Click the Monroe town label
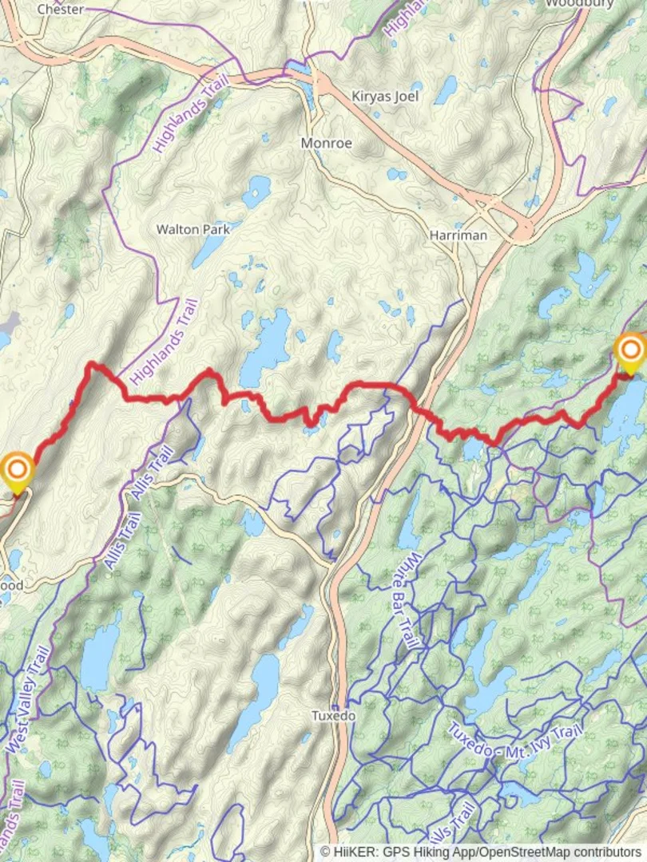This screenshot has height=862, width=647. (x=326, y=143)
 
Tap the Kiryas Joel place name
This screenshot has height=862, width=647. (x=386, y=96)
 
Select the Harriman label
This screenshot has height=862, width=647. (x=458, y=236)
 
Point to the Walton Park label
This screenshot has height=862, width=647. (x=193, y=229)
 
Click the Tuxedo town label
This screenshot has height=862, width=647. (x=333, y=716)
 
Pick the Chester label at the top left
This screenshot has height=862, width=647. (x=61, y=9)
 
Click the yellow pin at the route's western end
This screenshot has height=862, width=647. (x=17, y=469)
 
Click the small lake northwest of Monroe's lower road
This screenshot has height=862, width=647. (x=257, y=192)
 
